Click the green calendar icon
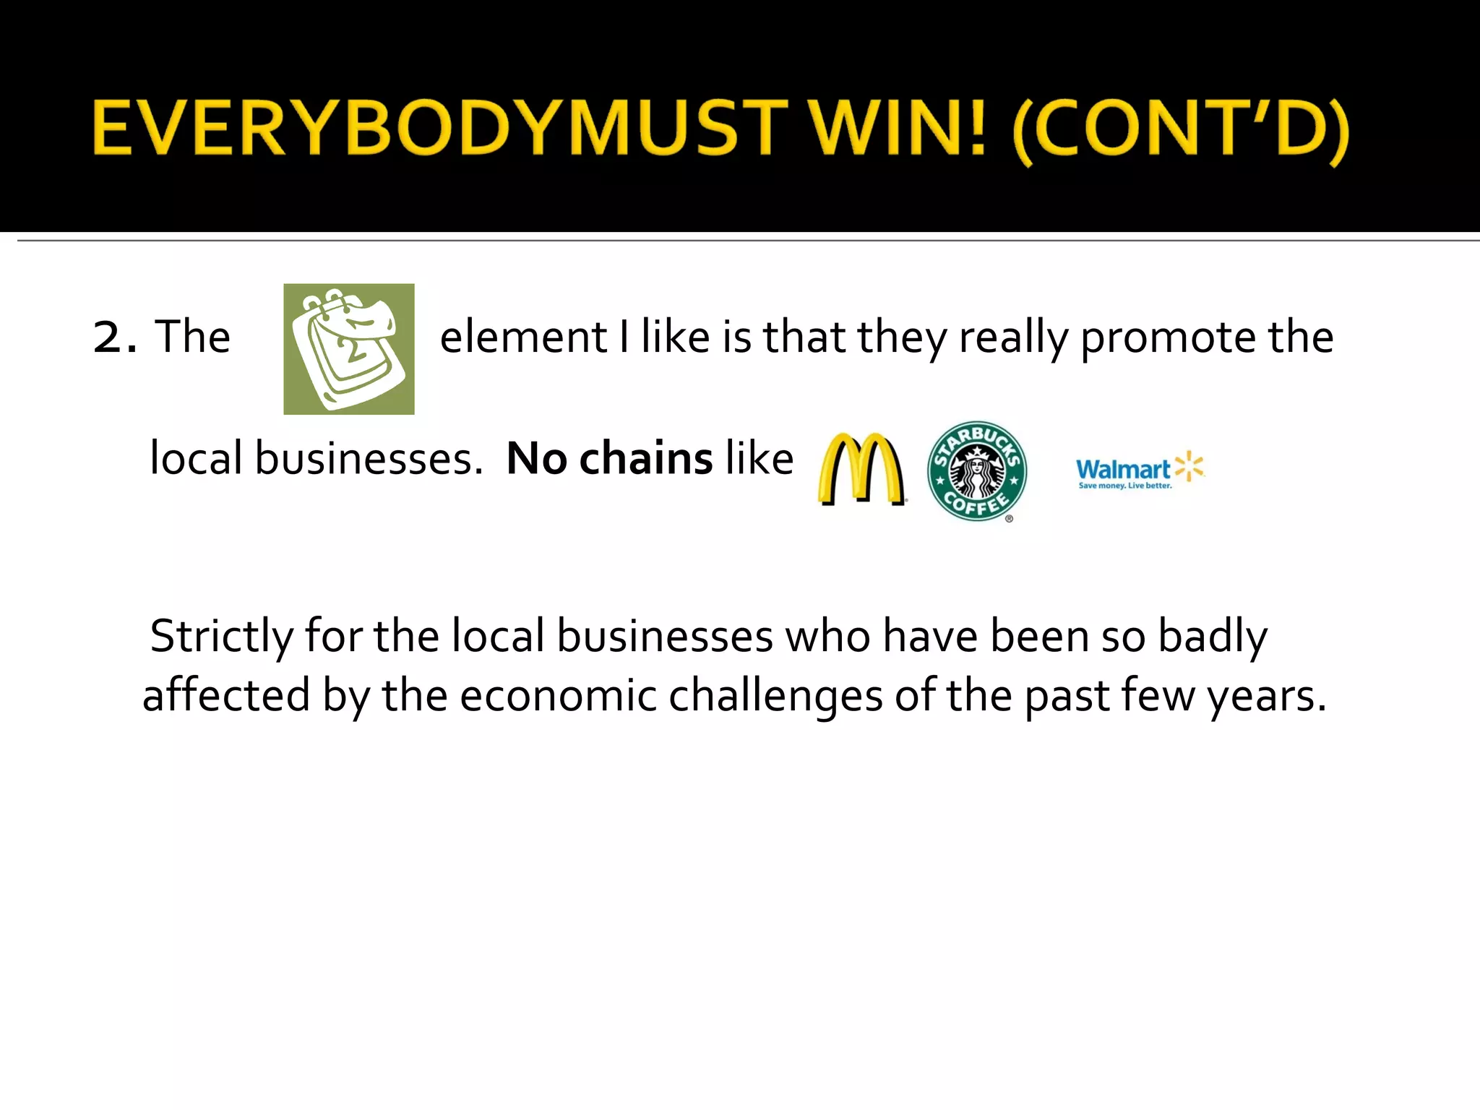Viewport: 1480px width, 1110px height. click(x=349, y=349)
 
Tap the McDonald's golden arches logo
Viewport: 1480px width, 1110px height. click(x=861, y=469)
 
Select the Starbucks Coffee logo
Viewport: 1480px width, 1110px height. click(x=976, y=470)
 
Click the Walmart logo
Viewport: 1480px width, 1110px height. click(x=1139, y=470)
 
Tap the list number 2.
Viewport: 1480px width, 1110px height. click(x=113, y=337)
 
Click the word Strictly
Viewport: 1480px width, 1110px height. click(x=221, y=637)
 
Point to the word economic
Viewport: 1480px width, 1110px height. click(x=558, y=696)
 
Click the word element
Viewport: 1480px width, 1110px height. click(x=523, y=337)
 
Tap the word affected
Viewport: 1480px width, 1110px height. click(x=226, y=696)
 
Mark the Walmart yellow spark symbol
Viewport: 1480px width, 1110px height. click(x=1189, y=466)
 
